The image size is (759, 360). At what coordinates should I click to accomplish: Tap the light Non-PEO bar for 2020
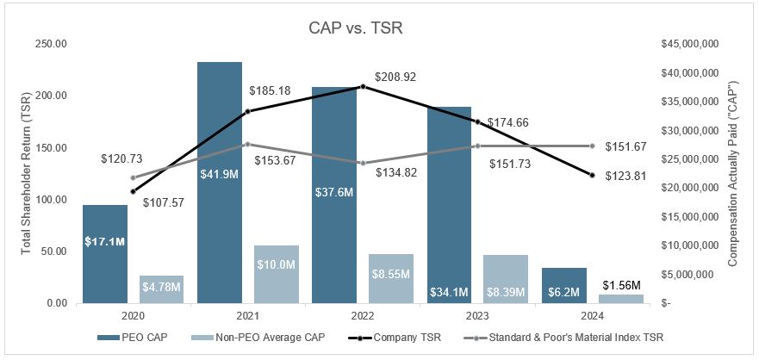[161, 289]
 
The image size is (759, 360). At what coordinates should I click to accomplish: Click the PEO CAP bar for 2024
[563, 285]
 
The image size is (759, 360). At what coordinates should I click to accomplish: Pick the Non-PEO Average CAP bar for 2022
[391, 278]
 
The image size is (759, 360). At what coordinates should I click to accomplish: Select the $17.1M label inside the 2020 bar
[104, 242]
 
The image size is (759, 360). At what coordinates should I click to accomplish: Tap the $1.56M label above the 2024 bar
[620, 285]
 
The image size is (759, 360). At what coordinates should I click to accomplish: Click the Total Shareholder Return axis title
[25, 173]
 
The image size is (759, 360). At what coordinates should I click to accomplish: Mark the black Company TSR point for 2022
[363, 86]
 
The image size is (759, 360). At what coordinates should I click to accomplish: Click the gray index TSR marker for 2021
[248, 144]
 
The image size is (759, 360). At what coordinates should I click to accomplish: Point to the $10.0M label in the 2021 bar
[277, 264]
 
